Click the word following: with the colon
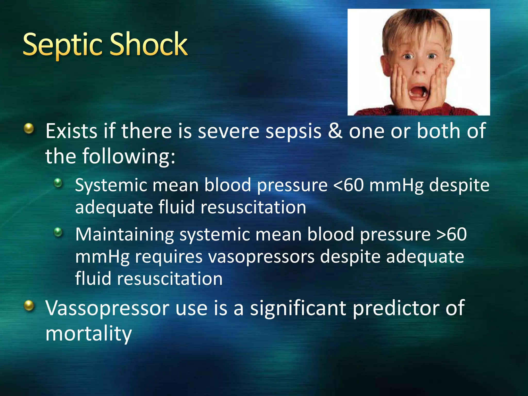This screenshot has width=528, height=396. tap(129, 156)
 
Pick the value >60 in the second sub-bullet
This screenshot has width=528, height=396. tap(451, 234)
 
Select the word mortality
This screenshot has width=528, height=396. tap(88, 333)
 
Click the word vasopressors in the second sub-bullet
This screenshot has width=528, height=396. tap(261, 257)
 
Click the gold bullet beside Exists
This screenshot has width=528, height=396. tap(29, 128)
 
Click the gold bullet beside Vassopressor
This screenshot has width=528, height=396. tap(29, 306)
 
